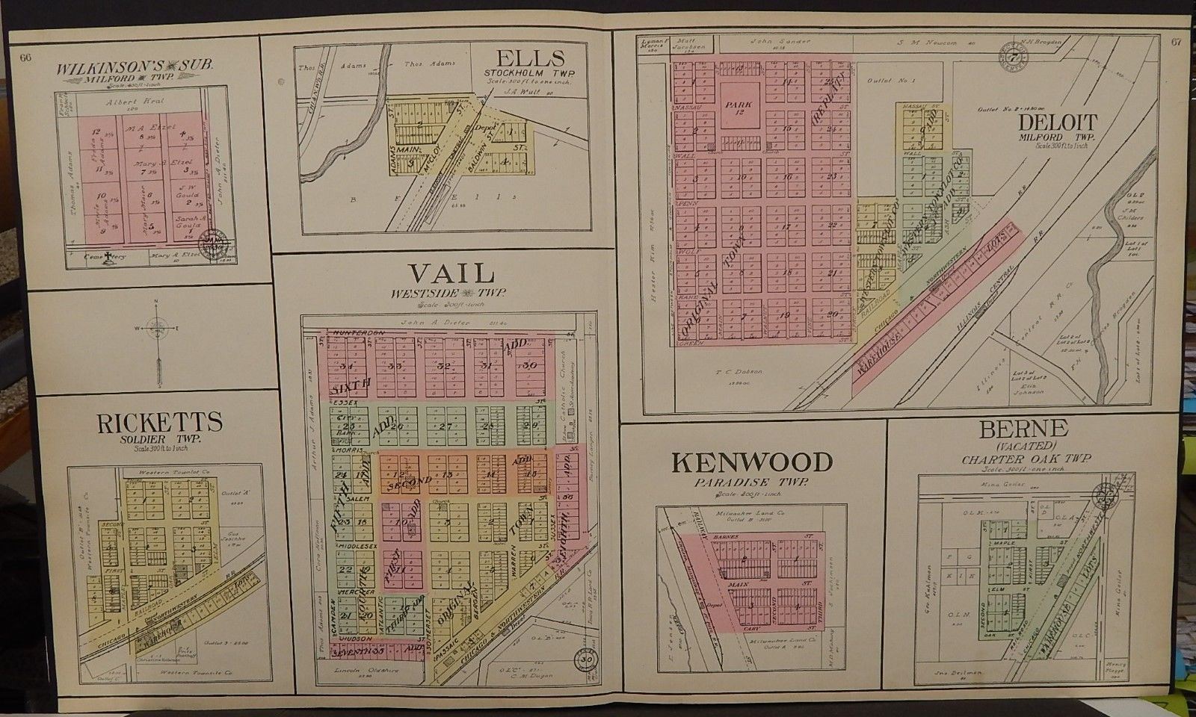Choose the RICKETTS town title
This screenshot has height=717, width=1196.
tap(159, 423)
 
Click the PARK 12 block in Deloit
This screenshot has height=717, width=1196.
tap(742, 109)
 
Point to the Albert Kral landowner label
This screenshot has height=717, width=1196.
tap(129, 101)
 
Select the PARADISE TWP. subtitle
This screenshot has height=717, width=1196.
tap(752, 483)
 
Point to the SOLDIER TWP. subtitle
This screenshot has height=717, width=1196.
tap(158, 440)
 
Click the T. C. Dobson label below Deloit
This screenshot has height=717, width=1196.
tap(732, 370)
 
